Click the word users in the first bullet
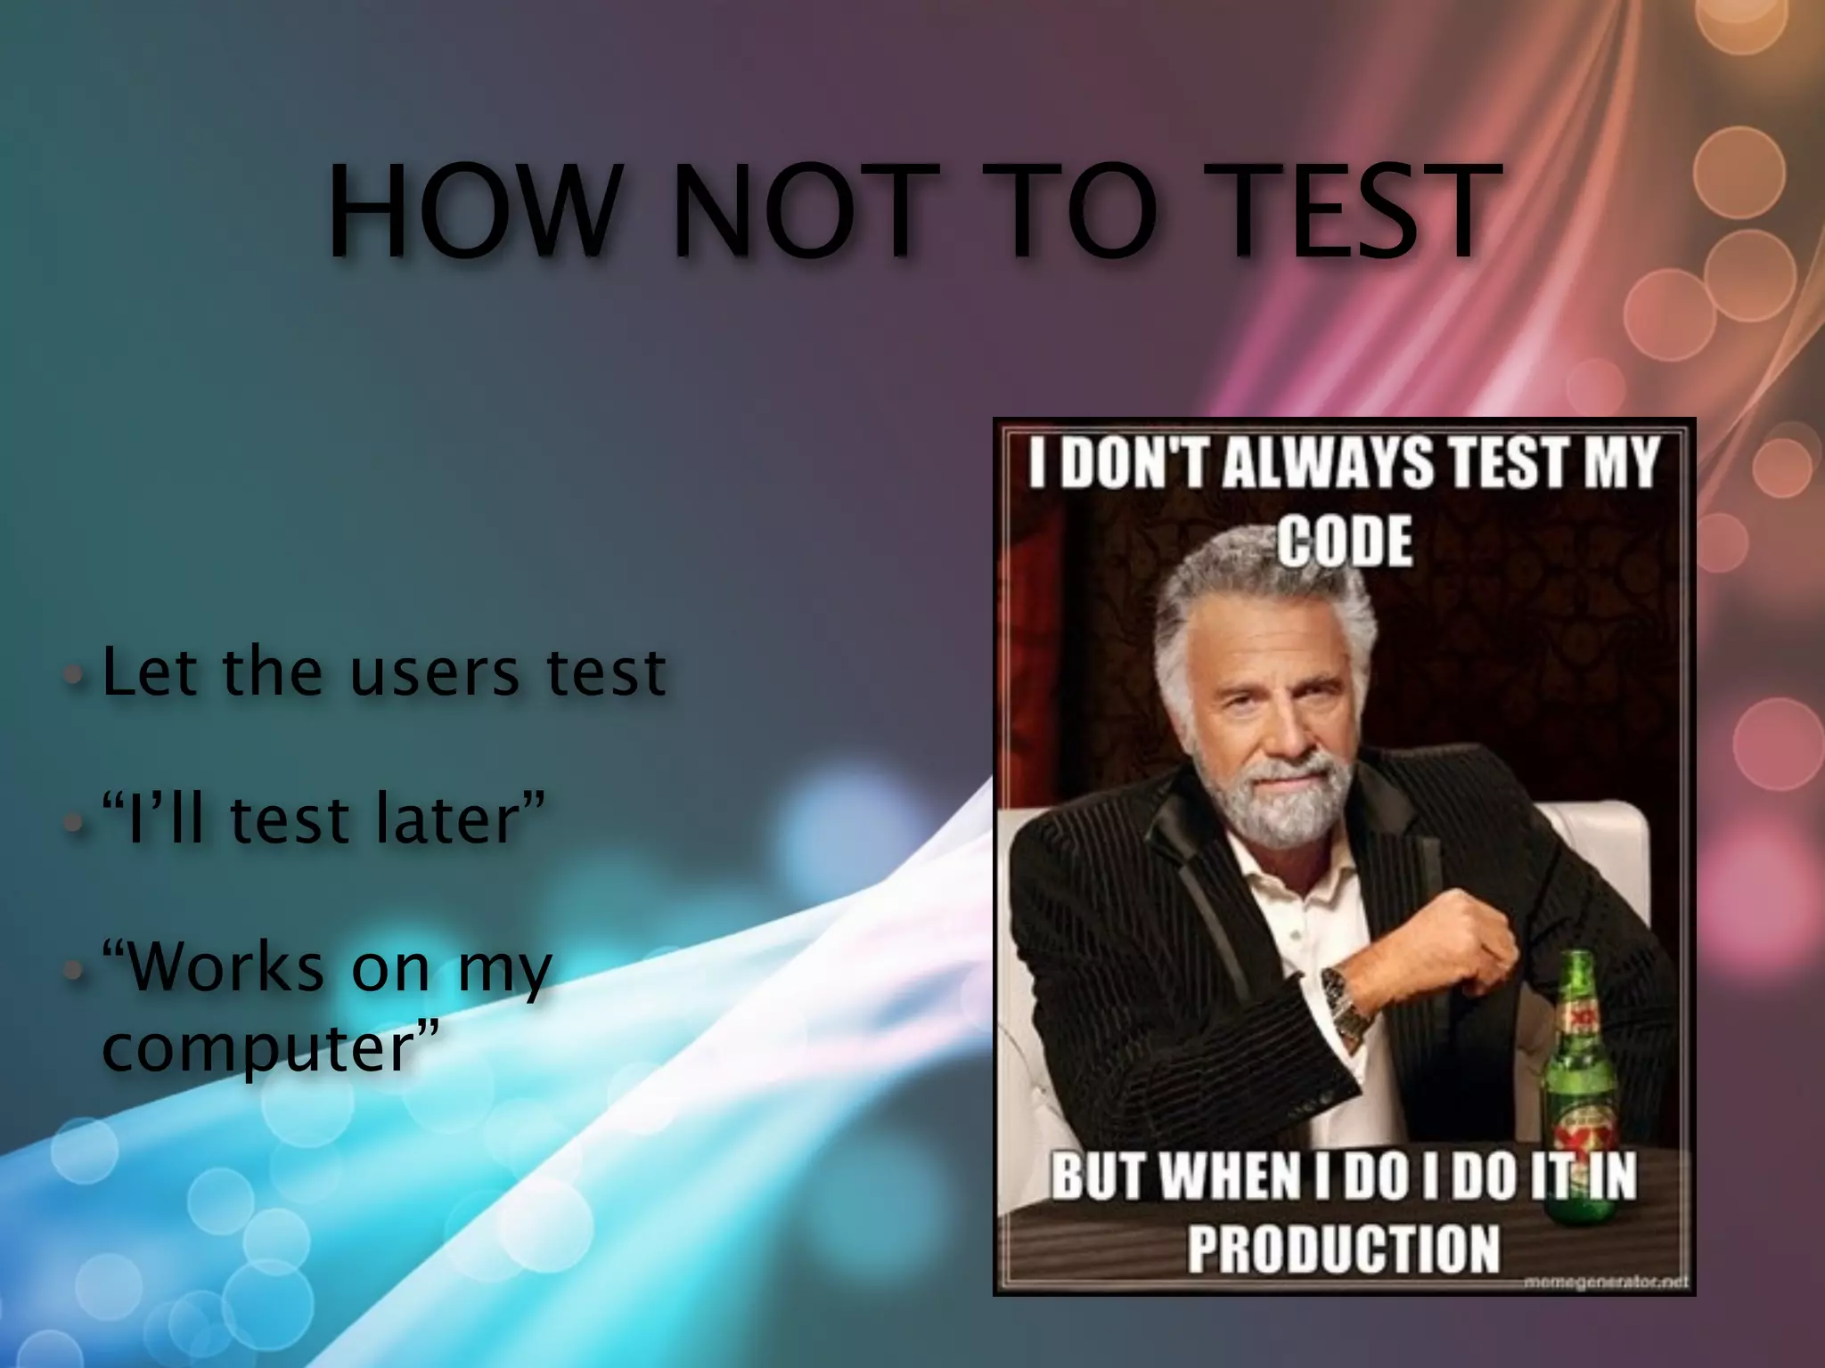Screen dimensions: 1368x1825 434,673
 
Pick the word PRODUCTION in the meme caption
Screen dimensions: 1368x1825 1344,1249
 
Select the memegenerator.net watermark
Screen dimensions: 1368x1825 1604,1283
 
